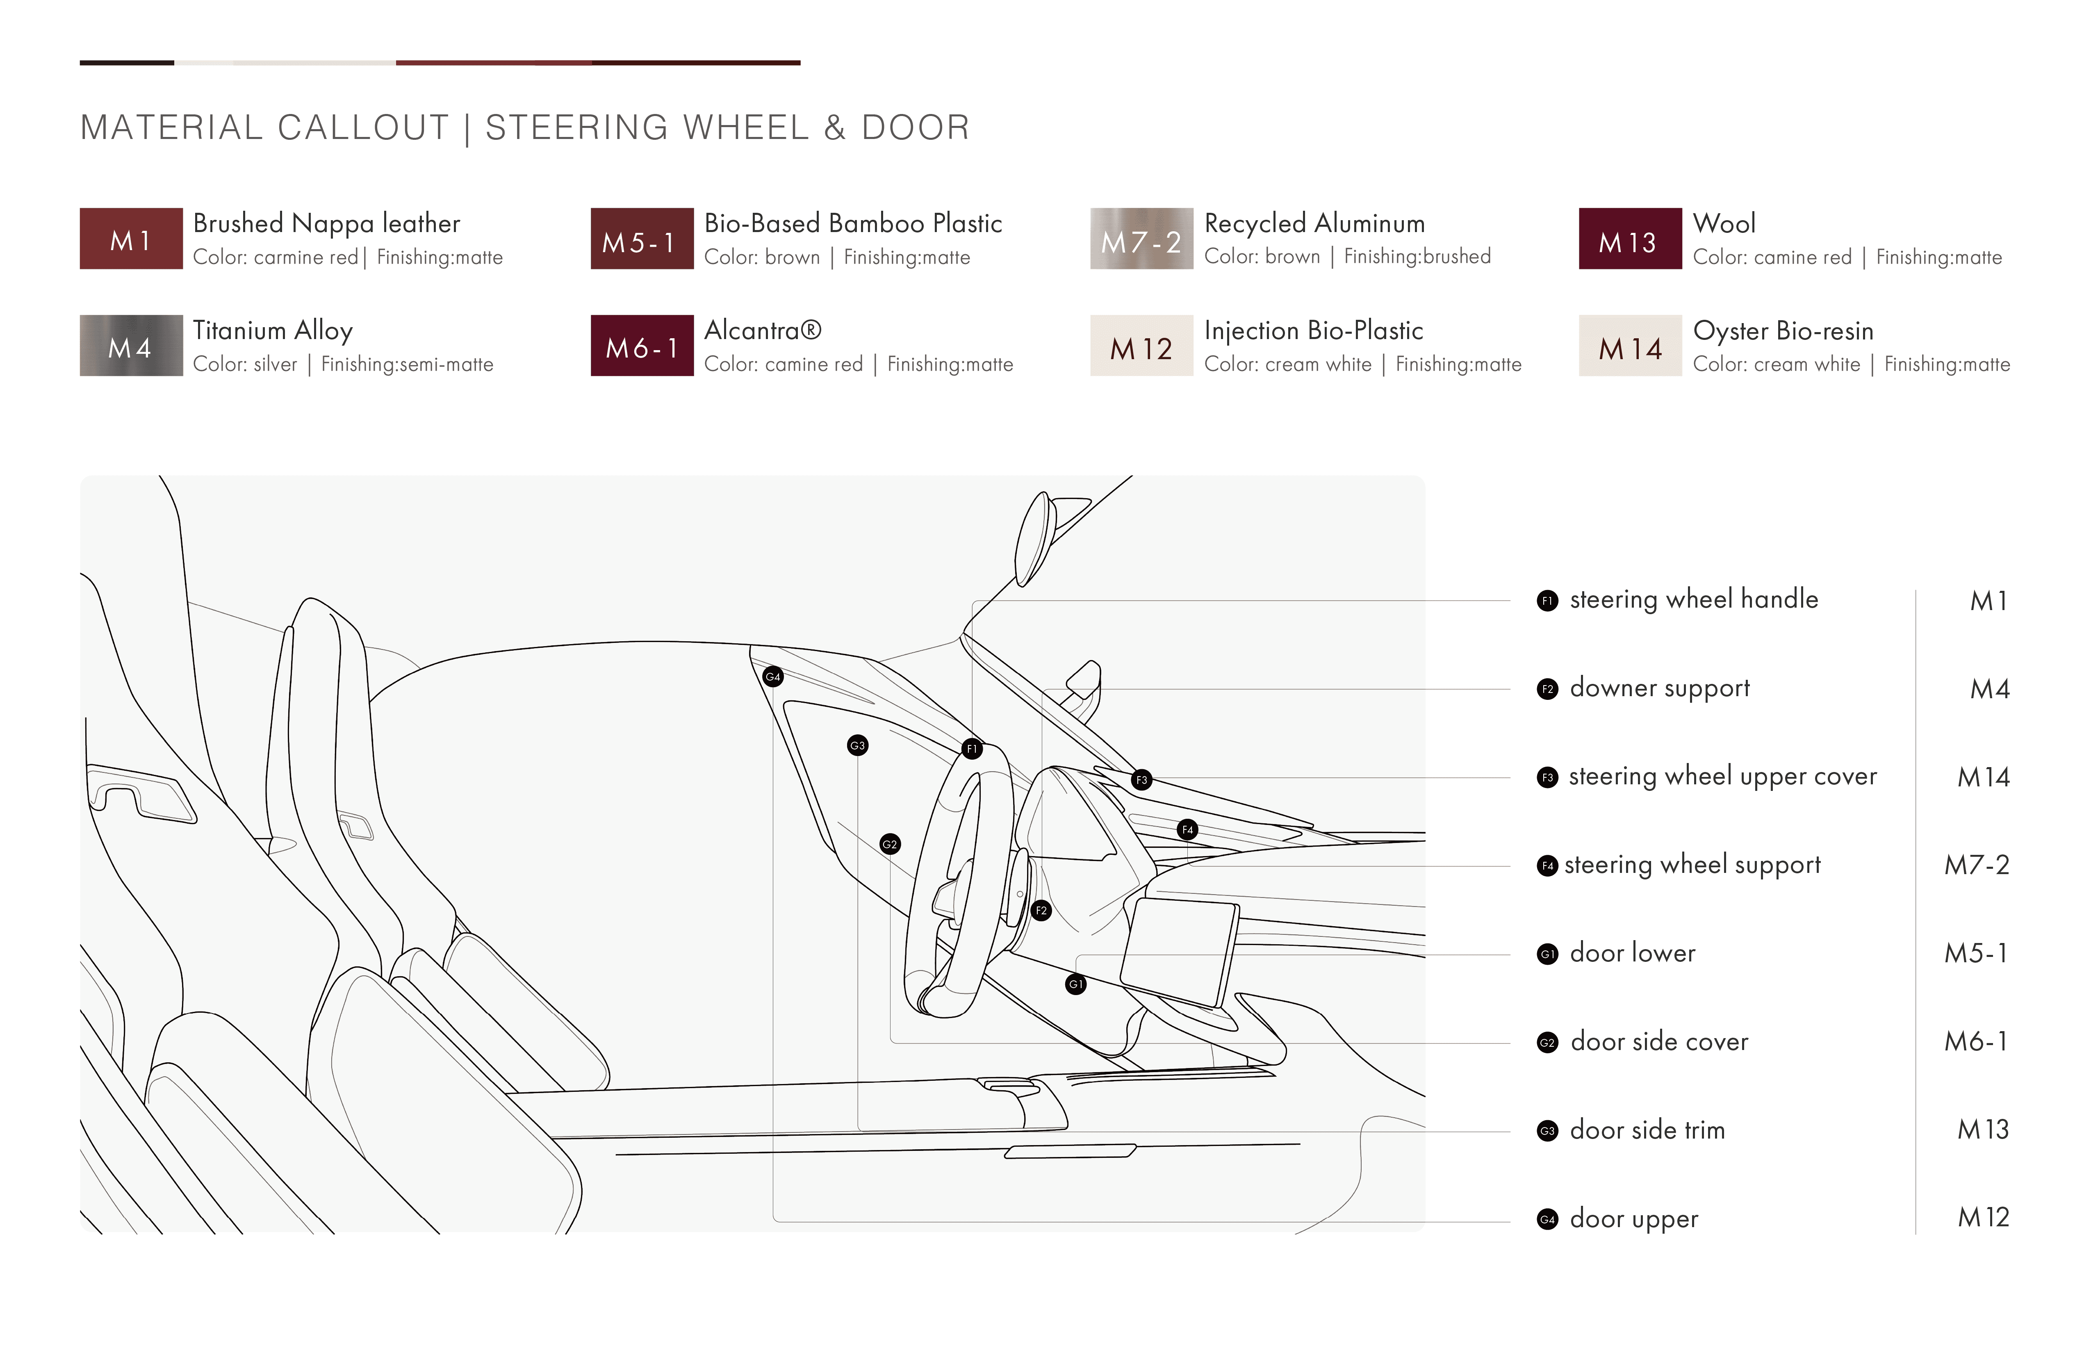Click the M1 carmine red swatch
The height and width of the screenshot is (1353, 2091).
click(x=131, y=238)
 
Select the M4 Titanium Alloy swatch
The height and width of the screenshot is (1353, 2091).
click(x=131, y=345)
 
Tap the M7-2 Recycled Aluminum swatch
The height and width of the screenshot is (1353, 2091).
click(x=1141, y=238)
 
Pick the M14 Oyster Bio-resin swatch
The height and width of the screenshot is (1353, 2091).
click(x=1630, y=345)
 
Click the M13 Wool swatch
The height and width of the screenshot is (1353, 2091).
click(x=1630, y=238)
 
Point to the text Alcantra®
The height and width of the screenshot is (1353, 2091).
click(x=763, y=330)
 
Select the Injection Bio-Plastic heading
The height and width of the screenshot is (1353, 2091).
click(x=1314, y=330)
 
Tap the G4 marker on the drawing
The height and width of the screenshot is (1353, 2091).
click(x=773, y=676)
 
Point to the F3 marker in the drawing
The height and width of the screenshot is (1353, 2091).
click(x=1141, y=779)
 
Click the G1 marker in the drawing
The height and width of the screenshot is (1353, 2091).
click(x=1076, y=984)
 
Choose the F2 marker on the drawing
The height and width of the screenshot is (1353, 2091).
click(x=1041, y=910)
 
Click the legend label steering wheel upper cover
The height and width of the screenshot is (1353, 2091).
click(x=1723, y=777)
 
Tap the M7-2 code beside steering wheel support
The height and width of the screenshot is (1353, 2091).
click(x=1977, y=866)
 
